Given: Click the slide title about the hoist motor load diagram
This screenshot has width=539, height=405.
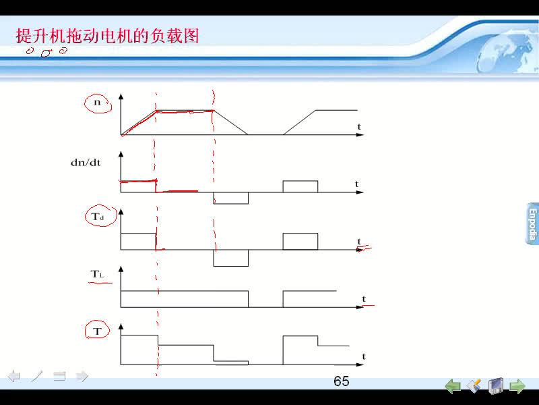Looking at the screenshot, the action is [107, 36].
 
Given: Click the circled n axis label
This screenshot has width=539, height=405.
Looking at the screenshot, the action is [98, 103].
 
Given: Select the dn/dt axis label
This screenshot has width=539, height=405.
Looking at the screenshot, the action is [86, 162].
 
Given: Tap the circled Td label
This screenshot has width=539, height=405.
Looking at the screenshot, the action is [98, 217].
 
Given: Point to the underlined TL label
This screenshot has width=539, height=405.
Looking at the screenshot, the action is [97, 274].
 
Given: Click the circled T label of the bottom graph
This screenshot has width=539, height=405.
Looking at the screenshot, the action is [97, 331].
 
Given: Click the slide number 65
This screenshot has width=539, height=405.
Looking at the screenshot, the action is [341, 381].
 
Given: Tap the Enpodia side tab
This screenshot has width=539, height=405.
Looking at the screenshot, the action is [532, 224].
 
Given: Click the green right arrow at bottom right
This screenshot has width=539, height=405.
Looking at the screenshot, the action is [517, 385].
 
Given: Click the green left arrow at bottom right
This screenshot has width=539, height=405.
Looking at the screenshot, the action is [453, 385].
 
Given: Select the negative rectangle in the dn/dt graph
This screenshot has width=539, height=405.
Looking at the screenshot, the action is [230, 198].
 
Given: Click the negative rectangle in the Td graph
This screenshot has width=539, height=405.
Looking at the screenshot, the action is [230, 258].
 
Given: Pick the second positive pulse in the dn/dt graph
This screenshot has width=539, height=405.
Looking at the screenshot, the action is [300, 186].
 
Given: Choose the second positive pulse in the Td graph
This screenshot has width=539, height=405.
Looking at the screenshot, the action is [300, 242].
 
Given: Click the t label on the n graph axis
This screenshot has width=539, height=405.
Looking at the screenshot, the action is [359, 126].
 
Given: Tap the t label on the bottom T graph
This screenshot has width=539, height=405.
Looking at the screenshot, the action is [364, 356].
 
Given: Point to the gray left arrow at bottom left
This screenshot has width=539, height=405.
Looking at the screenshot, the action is [13, 376].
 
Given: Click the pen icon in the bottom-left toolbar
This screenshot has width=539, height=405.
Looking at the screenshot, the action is [36, 376].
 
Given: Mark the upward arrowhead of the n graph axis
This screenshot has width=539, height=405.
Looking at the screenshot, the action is [121, 97].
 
